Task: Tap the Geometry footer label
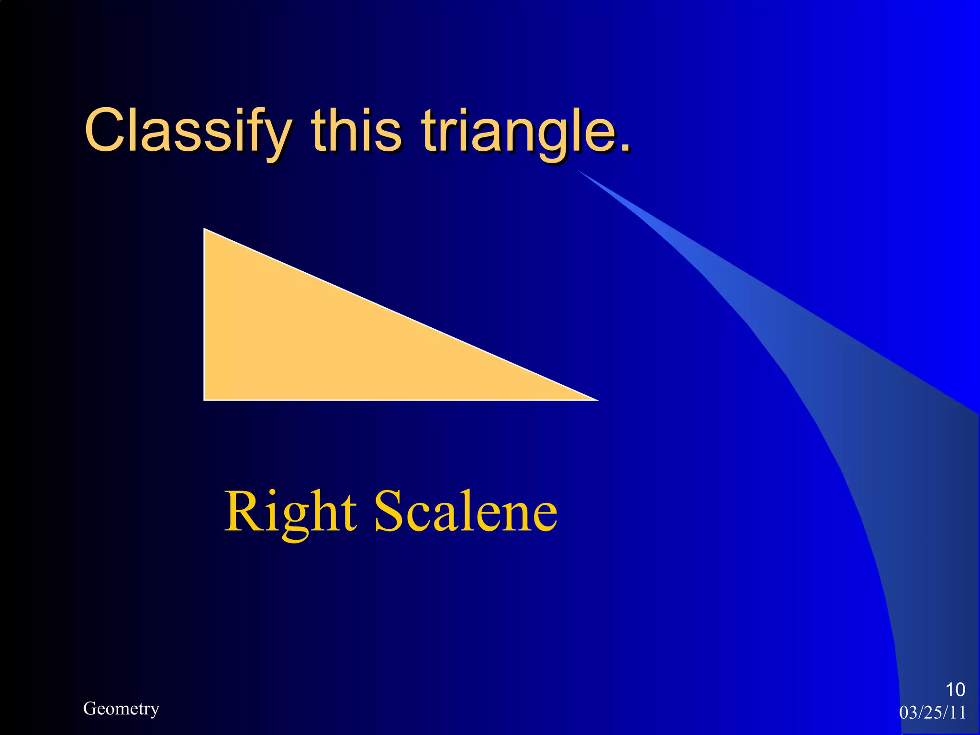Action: (x=121, y=708)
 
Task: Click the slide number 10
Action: (x=955, y=690)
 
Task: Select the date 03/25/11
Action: (x=933, y=713)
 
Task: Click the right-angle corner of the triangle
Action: (x=205, y=399)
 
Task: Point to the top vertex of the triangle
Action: (x=205, y=230)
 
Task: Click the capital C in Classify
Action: (x=106, y=130)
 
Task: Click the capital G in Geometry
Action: (x=89, y=708)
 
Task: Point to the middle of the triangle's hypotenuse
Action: (x=401, y=314)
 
